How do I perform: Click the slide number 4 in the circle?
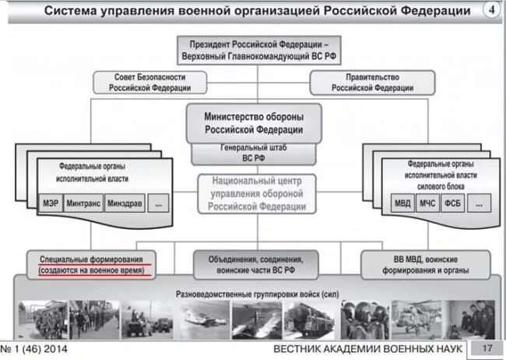[492, 10]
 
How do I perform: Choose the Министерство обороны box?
[253, 122]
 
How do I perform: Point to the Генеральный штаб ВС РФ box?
[253, 153]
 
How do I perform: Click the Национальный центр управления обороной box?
[253, 193]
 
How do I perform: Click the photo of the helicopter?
[414, 319]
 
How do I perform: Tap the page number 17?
[487, 348]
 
